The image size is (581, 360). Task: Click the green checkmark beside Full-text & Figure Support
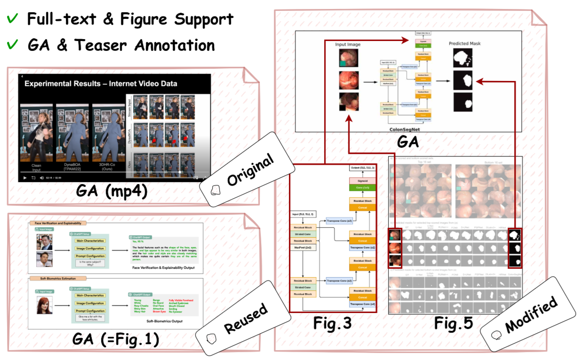pyautogui.click(x=13, y=19)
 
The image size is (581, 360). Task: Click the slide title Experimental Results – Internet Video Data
pyautogui.click(x=101, y=84)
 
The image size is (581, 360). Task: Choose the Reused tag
pyautogui.click(x=244, y=317)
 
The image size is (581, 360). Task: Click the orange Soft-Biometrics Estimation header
pyautogui.click(x=52, y=279)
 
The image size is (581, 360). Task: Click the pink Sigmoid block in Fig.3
pyautogui.click(x=362, y=181)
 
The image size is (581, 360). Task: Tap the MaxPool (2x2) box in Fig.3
pyautogui.click(x=302, y=247)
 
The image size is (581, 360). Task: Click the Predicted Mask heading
pyautogui.click(x=465, y=43)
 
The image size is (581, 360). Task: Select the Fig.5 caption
pyautogui.click(x=452, y=324)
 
